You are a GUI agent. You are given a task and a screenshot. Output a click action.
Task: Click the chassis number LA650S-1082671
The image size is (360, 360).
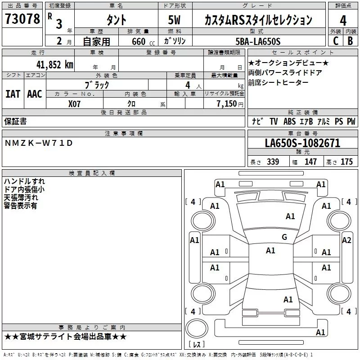302,144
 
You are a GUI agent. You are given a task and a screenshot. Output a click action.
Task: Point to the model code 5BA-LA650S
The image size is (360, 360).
258,41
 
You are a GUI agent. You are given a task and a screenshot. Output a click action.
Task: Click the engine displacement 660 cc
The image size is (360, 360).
139,41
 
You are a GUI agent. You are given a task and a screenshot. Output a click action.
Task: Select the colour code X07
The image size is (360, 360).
75,103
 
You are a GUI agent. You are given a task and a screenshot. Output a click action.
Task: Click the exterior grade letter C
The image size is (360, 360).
335,41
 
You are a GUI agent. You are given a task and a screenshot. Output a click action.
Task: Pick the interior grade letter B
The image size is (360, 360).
350,41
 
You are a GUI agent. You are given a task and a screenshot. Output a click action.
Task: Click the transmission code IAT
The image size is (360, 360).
13,94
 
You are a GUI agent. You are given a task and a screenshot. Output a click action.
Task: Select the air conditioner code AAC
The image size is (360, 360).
35,94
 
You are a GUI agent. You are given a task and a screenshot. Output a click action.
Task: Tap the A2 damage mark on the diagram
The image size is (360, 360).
346,240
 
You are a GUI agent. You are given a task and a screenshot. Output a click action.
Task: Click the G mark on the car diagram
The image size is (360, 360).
284,237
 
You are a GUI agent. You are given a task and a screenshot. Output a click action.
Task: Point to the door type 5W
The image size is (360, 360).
175,20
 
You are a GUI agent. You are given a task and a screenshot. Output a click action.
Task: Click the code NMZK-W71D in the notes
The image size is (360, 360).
38,143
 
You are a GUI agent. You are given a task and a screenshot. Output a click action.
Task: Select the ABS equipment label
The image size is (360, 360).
290,121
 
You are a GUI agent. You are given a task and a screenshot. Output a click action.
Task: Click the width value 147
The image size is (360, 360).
310,162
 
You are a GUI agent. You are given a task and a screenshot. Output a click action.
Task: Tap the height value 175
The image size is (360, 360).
346,162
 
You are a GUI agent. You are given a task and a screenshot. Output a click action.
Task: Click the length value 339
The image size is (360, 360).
272,162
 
